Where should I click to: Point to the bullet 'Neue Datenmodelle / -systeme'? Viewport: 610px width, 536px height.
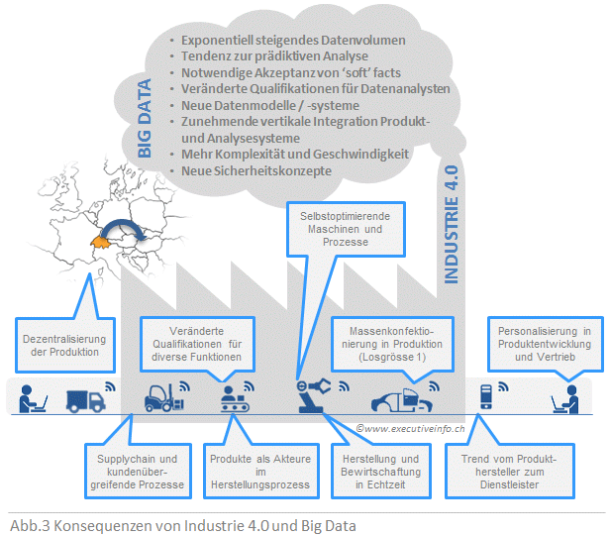pyautogui.click(x=270, y=105)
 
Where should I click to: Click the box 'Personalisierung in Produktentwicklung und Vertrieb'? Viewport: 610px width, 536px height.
pyautogui.click(x=544, y=343)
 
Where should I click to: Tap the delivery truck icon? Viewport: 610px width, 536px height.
pyautogui.click(x=86, y=399)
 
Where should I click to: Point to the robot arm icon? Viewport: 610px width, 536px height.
pyautogui.click(x=315, y=397)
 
